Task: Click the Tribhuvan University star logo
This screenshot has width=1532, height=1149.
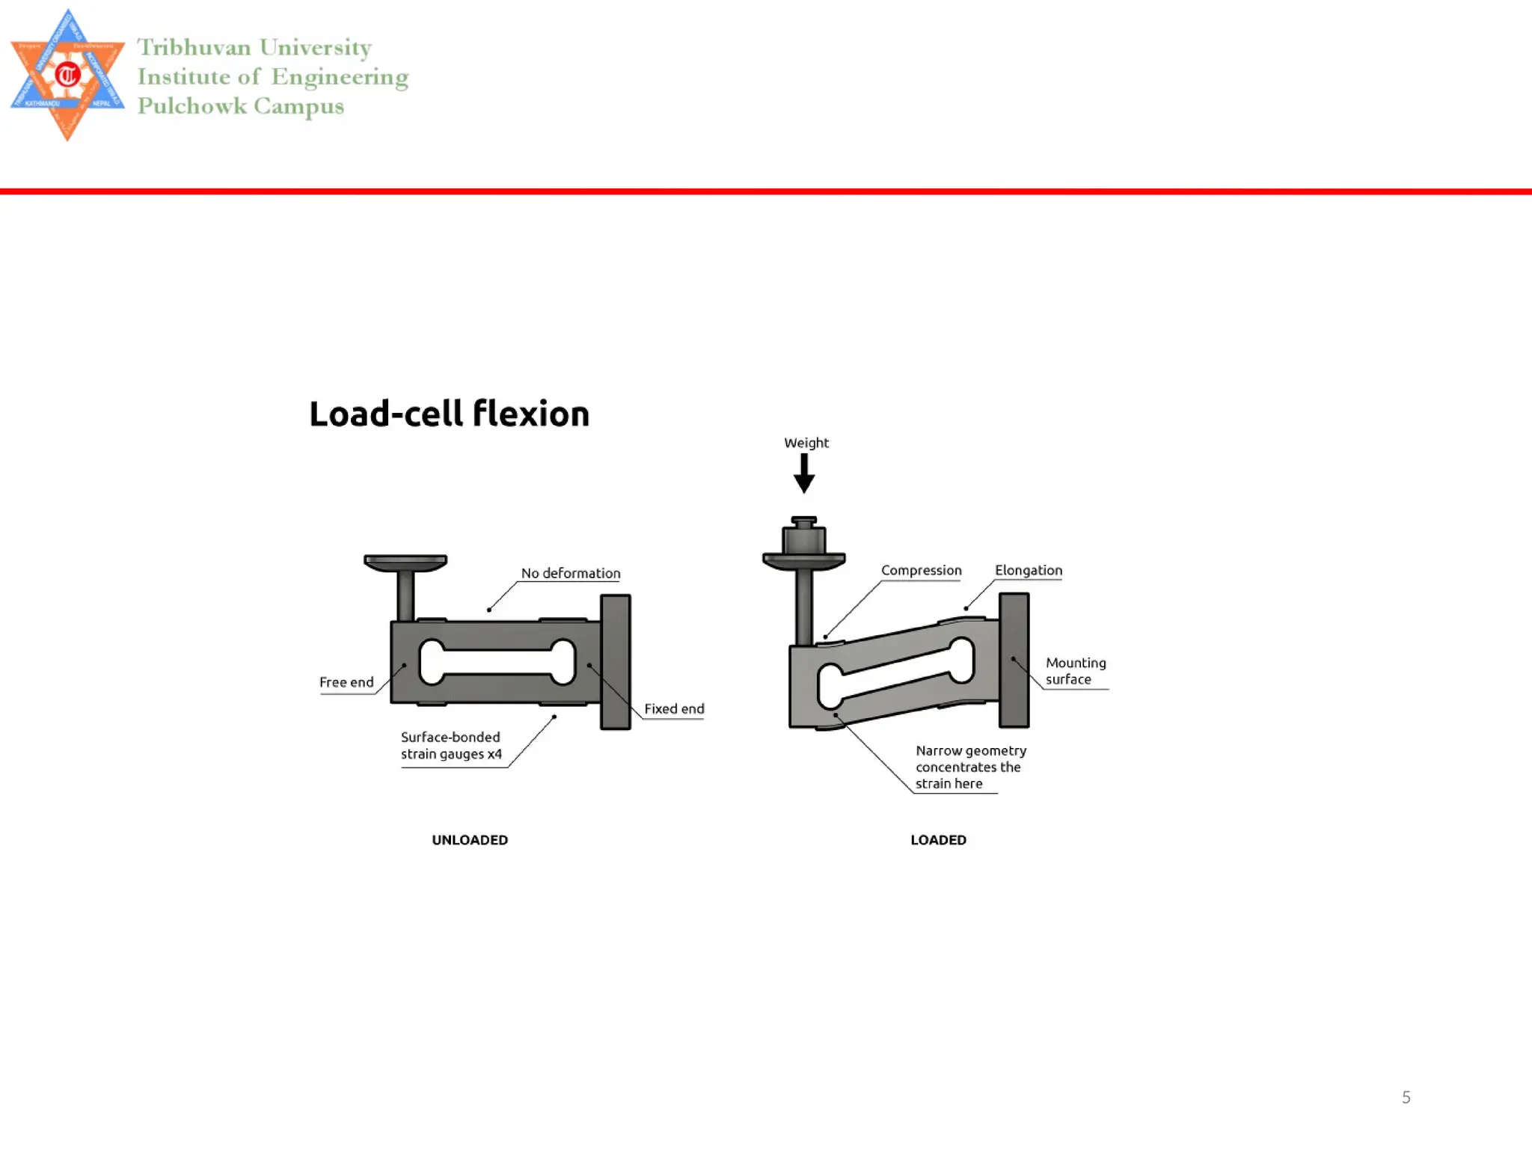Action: tap(67, 75)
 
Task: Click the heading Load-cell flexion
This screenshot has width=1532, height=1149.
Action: tap(449, 414)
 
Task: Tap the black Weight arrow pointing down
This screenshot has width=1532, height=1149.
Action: tap(804, 474)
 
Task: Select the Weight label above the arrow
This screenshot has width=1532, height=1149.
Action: tap(806, 443)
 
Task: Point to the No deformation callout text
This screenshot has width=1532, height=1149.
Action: tap(571, 573)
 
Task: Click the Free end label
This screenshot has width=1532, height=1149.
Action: tap(346, 682)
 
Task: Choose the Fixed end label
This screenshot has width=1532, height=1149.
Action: tap(674, 708)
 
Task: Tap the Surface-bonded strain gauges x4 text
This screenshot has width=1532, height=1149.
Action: tap(451, 746)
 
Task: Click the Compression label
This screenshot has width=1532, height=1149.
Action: tap(921, 570)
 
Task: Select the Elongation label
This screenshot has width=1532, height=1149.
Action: tap(1028, 570)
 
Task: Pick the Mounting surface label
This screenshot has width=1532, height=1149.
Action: tap(1075, 671)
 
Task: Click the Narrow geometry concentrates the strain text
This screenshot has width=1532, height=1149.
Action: tap(970, 767)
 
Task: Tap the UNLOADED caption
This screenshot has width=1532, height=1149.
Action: tap(470, 840)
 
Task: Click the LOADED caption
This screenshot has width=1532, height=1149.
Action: tap(938, 840)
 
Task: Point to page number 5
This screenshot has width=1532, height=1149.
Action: tap(1406, 1097)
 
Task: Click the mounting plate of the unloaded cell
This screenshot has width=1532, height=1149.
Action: tap(616, 662)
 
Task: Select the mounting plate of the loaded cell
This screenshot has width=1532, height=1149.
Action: tap(1014, 660)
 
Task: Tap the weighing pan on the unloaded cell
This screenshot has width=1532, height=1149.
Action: tap(405, 562)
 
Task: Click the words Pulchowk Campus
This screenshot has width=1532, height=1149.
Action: tap(241, 106)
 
